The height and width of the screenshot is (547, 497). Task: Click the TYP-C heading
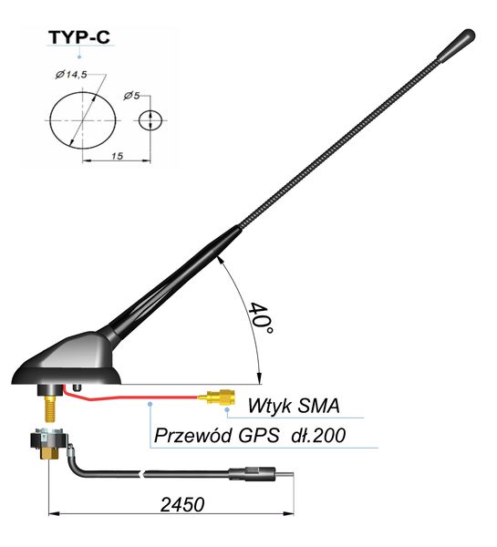tap(79, 37)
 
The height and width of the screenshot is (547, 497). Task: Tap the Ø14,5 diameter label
tap(71, 74)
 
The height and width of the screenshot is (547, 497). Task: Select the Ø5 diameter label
tap(131, 95)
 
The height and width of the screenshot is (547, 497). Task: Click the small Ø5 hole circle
tap(150, 120)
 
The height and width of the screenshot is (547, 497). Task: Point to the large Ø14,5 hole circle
tap(50, 120)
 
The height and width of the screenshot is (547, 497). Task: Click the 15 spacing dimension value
tap(118, 156)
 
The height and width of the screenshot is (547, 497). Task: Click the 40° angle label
tap(260, 318)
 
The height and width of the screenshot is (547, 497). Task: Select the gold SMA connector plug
tap(217, 397)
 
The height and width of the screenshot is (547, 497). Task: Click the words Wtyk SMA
tap(294, 406)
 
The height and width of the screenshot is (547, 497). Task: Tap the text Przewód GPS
tap(216, 435)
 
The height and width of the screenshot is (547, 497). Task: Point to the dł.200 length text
tap(318, 435)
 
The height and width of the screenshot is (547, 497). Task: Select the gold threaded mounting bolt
tap(50, 408)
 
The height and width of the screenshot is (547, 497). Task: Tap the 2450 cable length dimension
tap(182, 505)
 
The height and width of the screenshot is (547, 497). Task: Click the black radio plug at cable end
tap(252, 474)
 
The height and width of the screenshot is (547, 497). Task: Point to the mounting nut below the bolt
tap(48, 445)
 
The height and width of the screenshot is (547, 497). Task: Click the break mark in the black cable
tap(142, 474)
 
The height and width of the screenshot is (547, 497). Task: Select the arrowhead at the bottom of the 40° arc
tap(259, 377)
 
